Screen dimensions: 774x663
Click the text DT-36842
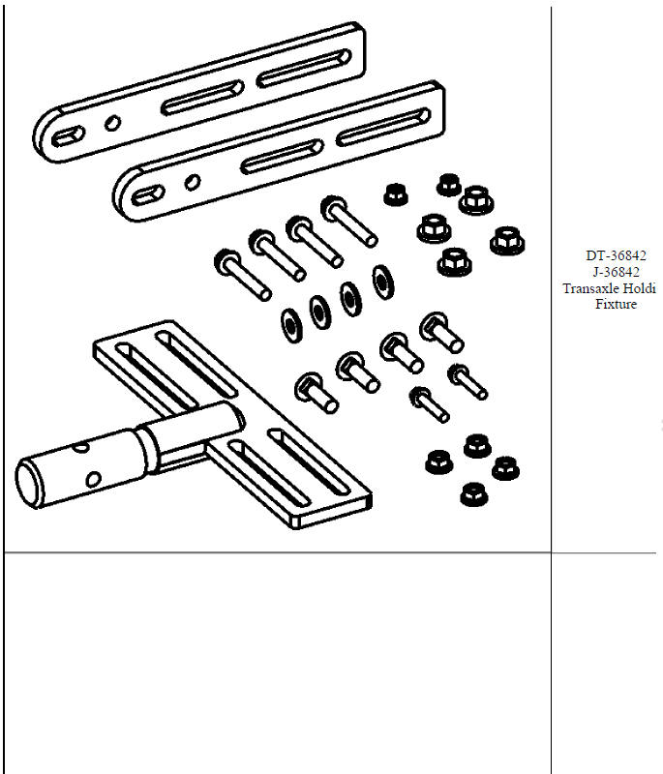point(616,255)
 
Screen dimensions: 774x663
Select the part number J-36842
point(616,272)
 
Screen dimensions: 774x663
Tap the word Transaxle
point(588,288)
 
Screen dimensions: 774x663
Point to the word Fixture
point(616,305)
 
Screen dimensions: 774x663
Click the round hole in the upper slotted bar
point(112,122)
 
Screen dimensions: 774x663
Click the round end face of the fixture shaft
point(37,483)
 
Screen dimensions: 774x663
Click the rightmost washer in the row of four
point(384,282)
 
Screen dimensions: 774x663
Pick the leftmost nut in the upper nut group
point(394,193)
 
